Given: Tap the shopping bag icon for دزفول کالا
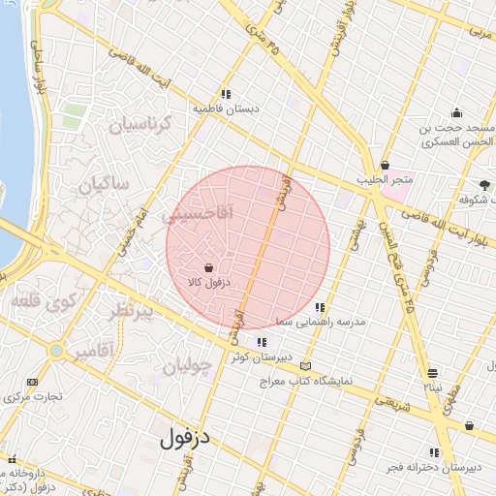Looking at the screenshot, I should click(x=209, y=266).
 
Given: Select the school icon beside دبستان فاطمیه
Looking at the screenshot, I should click(x=225, y=94).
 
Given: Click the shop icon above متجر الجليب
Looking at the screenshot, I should click(x=386, y=165).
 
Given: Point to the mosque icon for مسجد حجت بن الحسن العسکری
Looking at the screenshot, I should click(x=456, y=111).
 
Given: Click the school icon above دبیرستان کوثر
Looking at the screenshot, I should click(x=262, y=341).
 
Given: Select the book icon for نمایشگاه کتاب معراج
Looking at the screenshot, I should click(x=306, y=366).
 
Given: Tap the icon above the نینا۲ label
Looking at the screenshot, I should click(x=432, y=373).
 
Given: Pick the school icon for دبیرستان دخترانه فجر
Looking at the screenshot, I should click(x=434, y=451).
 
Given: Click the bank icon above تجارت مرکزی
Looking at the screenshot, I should click(x=33, y=382).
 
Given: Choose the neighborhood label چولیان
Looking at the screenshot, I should click(x=185, y=366).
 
